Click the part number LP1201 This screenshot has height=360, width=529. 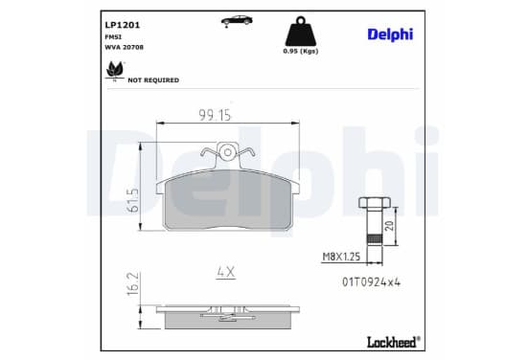[x=122, y=25]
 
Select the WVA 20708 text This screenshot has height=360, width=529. [x=125, y=47]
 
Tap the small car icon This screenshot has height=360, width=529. [x=237, y=21]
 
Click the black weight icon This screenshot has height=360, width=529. [x=301, y=32]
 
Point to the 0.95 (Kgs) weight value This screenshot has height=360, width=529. [x=301, y=51]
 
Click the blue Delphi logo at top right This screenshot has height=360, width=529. [x=390, y=34]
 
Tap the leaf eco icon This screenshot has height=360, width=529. [x=115, y=71]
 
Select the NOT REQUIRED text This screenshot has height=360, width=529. [x=153, y=80]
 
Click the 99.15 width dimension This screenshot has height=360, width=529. [x=215, y=115]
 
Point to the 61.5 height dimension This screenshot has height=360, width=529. [x=133, y=200]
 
